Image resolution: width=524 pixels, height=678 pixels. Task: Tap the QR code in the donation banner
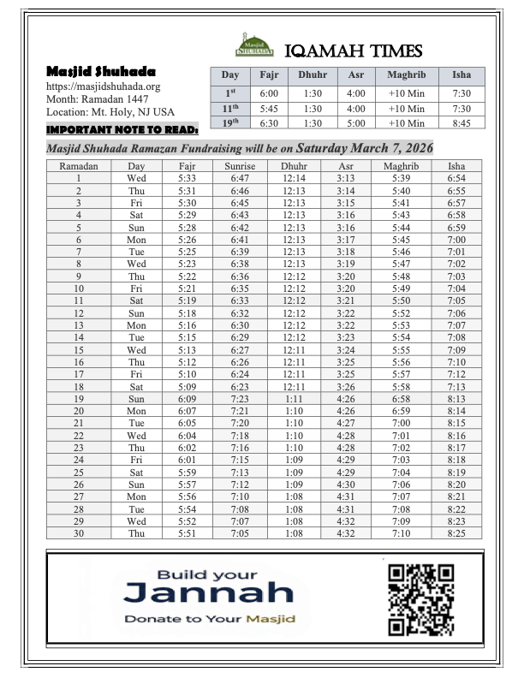pyautogui.click(x=420, y=599)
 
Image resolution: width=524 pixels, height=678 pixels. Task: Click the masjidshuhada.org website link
pyautogui.click(x=103, y=86)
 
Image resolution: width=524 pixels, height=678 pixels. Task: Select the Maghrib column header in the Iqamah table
pyautogui.click(x=406, y=75)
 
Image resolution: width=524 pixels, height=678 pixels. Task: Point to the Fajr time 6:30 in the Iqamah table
pyautogui.click(x=269, y=122)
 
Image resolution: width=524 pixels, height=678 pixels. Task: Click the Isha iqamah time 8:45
pyautogui.click(x=461, y=122)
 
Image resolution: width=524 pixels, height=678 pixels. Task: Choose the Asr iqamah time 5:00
pyautogui.click(x=356, y=122)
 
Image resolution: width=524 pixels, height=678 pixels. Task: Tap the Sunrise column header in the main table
pyautogui.click(x=240, y=166)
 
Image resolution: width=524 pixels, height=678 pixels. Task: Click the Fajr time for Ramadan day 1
pyautogui.click(x=188, y=178)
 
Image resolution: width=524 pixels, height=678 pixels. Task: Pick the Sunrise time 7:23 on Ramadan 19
pyautogui.click(x=240, y=400)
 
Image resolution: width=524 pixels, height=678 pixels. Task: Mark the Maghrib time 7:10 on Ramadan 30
pyautogui.click(x=401, y=535)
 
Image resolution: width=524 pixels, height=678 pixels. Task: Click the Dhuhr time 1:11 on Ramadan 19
pyautogui.click(x=293, y=400)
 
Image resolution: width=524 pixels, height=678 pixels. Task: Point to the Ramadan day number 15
pyautogui.click(x=78, y=350)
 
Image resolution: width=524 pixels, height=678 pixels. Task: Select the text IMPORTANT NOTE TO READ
pyautogui.click(x=122, y=130)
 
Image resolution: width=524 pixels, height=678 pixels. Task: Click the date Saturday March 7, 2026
pyautogui.click(x=365, y=147)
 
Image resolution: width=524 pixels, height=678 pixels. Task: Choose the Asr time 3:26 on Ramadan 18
pyautogui.click(x=346, y=387)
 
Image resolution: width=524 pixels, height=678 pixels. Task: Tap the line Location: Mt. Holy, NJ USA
pyautogui.click(x=110, y=112)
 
